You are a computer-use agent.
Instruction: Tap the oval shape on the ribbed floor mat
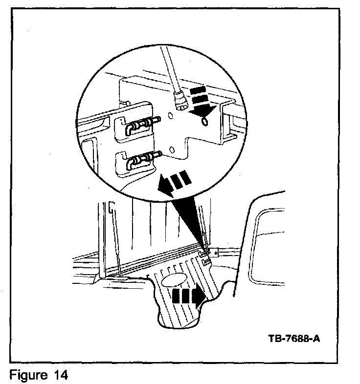[x=175, y=280]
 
